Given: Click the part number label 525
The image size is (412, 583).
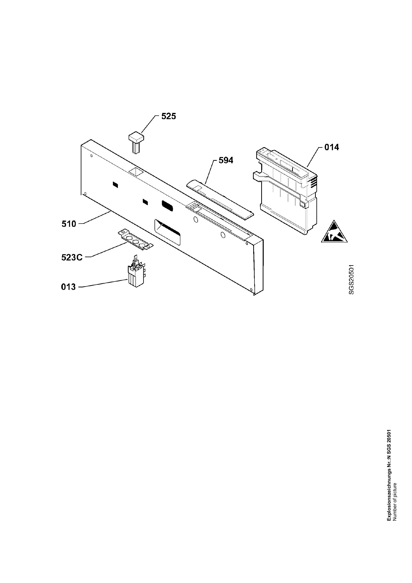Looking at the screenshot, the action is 168,116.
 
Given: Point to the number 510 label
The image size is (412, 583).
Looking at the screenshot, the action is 69,224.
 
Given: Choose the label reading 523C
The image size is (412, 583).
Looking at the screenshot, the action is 72,257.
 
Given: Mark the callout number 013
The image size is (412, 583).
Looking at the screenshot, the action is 68,287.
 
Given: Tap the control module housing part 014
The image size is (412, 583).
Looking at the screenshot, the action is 285,190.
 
